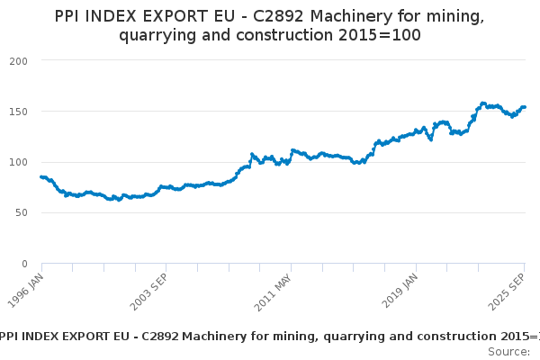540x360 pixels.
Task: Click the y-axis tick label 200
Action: pos(19,60)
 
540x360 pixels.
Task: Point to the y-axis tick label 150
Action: pos(19,112)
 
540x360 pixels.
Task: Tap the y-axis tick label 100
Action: pos(19,162)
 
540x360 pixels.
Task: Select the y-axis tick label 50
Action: pos(22,213)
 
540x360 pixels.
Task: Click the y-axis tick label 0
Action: pos(24,264)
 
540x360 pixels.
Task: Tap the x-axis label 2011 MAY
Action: pos(274,290)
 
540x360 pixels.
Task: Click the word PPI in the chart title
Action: pos(70,16)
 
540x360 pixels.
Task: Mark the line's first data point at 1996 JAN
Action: pos(41,177)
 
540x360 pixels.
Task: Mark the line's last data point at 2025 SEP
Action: pos(525,107)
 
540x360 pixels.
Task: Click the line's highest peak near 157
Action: pos(483,103)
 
